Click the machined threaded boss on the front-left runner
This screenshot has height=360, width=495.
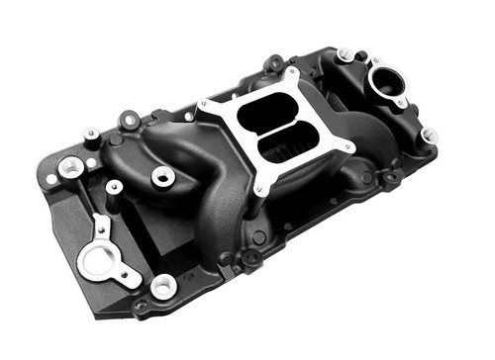163,177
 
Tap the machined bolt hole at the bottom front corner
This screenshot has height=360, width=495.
162,287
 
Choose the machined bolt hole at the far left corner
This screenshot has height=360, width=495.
70,167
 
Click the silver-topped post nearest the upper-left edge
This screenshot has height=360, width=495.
91,133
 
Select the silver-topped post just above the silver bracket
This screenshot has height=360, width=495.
115,186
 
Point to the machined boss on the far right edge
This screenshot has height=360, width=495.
428,135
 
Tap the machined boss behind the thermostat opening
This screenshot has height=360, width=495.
344,53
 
